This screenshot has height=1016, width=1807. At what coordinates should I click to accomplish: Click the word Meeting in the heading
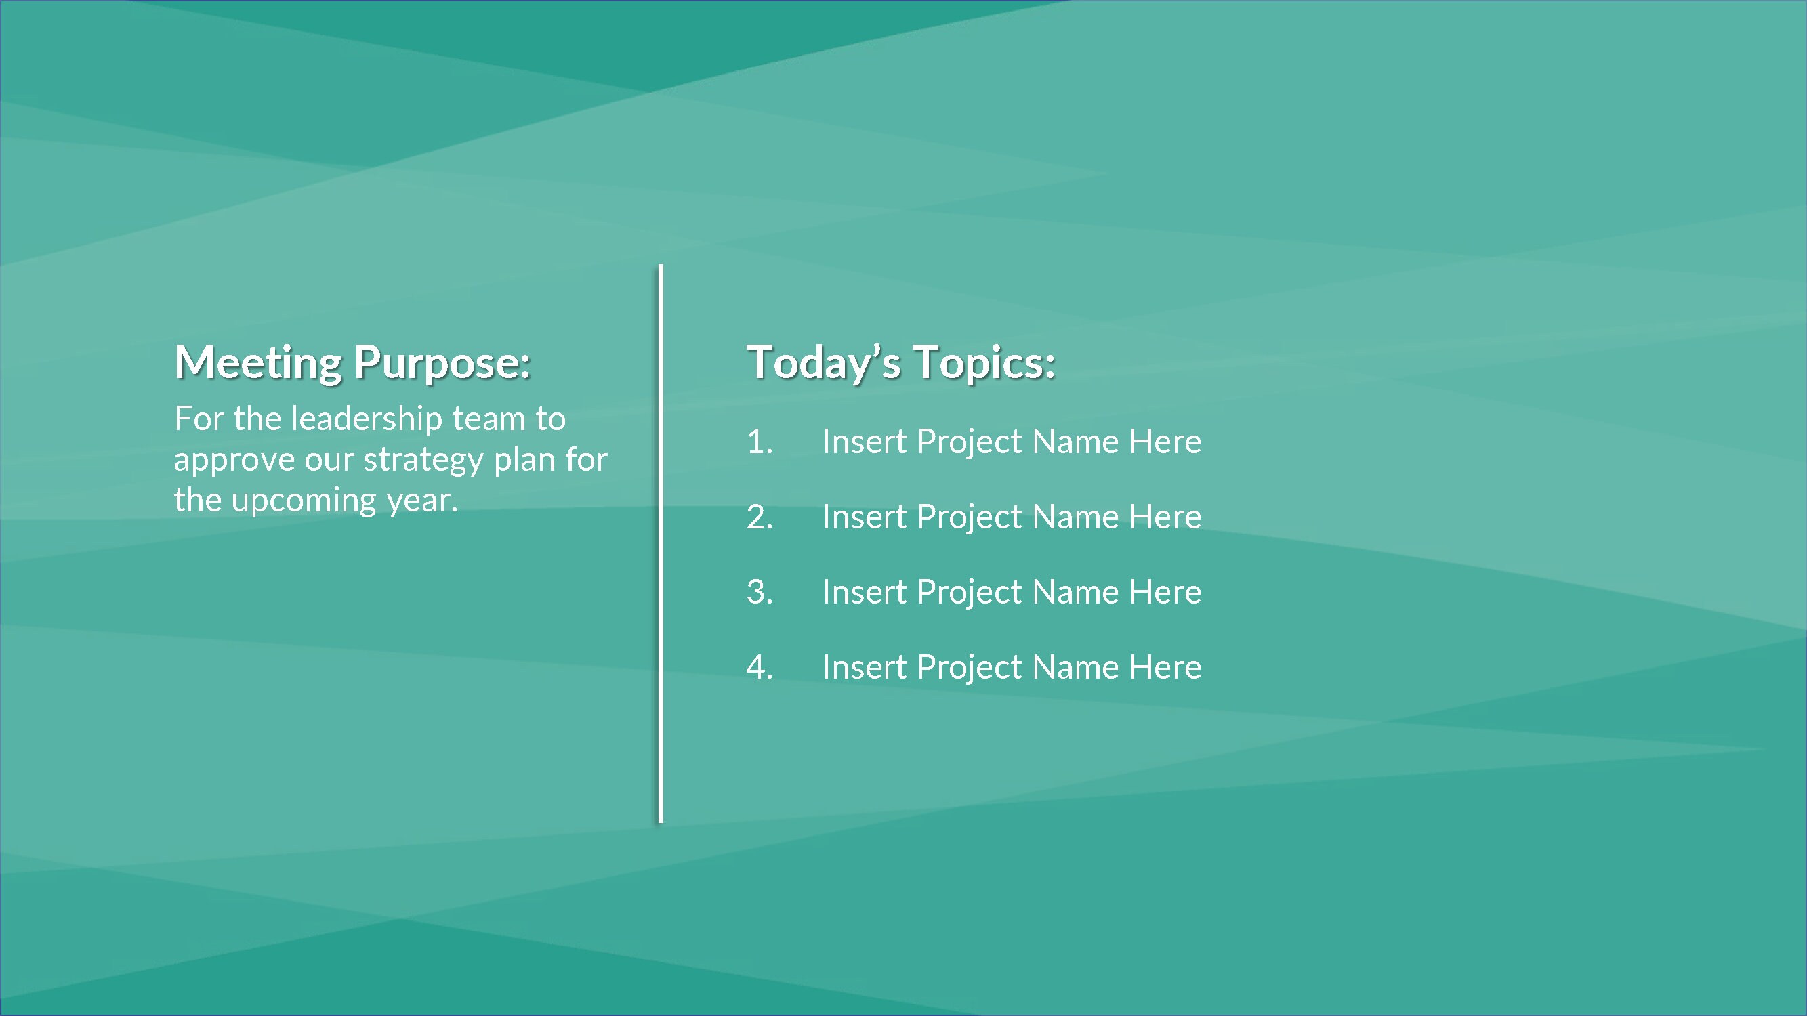(257, 363)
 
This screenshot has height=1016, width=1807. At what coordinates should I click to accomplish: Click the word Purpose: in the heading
(442, 363)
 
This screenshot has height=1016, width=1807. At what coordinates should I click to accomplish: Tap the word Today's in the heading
(823, 363)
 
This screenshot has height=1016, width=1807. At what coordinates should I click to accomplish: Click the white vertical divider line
(660, 543)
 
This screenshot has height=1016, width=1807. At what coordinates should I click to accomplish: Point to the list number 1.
(759, 442)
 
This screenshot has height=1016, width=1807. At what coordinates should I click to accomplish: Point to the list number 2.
(759, 517)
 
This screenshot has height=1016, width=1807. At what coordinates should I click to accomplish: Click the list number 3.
(759, 593)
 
